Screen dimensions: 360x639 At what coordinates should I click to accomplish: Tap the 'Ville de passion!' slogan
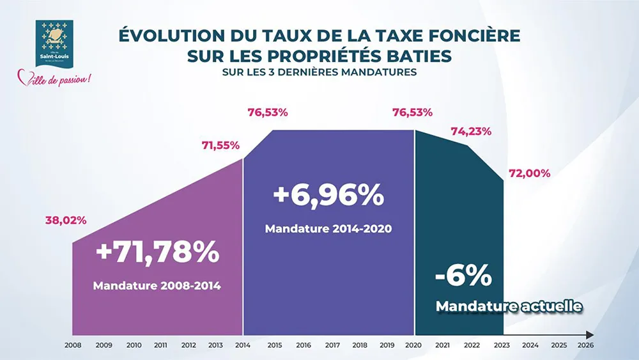54,79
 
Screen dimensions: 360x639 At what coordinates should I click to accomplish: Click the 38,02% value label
66,221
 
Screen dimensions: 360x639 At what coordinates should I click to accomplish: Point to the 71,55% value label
220,145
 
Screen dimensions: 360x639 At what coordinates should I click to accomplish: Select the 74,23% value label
471,132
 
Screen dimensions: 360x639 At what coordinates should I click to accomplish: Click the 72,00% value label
529,173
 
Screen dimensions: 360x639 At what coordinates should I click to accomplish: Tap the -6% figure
463,276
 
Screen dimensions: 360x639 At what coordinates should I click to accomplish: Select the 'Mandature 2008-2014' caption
157,286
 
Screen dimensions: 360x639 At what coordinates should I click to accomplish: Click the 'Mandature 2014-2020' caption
328,228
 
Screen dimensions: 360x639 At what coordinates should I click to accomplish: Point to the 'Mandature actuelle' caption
509,307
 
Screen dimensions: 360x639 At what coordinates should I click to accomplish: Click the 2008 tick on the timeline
73,345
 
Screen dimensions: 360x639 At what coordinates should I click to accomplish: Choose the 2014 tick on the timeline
243,345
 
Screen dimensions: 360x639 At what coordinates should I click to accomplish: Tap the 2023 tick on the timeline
502,345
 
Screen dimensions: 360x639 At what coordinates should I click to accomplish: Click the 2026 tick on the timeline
586,345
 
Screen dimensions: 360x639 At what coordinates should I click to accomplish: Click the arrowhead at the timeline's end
590,334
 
